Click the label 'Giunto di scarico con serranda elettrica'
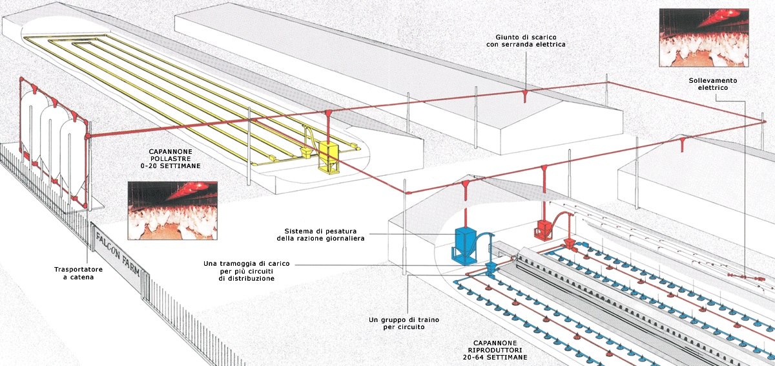[526, 40]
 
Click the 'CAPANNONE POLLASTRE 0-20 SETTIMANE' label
[172, 158]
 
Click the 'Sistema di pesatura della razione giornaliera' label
[324, 235]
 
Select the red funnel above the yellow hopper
[328, 115]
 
